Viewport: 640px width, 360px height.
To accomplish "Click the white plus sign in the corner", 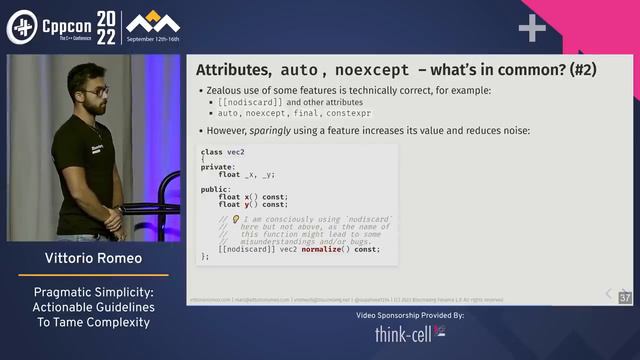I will [x=531, y=27].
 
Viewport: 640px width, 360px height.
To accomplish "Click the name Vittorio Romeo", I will [x=89, y=259].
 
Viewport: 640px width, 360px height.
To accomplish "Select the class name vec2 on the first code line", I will [x=235, y=152].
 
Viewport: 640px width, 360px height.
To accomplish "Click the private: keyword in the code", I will [x=220, y=167].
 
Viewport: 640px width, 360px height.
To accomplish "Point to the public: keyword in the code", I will [x=217, y=188].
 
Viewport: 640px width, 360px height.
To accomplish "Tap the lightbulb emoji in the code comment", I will [x=236, y=219].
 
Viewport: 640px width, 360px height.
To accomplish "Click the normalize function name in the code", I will [x=327, y=249].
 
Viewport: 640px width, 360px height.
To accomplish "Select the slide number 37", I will [x=625, y=298].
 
